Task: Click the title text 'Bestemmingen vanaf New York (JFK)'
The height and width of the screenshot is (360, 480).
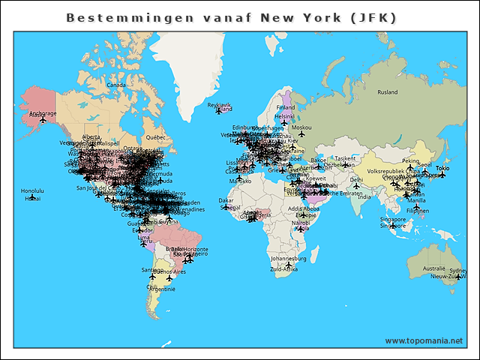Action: pyautogui.click(x=231, y=16)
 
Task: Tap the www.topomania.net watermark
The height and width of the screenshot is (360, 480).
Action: pyautogui.click(x=423, y=340)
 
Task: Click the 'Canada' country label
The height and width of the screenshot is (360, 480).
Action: pyautogui.click(x=116, y=85)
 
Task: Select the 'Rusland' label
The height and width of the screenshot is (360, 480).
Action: pyautogui.click(x=388, y=92)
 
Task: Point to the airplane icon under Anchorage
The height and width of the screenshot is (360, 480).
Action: pyautogui.click(x=43, y=119)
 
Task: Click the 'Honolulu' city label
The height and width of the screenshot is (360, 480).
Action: pyautogui.click(x=32, y=190)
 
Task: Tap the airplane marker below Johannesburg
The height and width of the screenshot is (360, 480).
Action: pyautogui.click(x=288, y=265)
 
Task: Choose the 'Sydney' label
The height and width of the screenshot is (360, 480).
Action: pyautogui.click(x=457, y=270)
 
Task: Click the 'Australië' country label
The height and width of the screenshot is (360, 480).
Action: pyautogui.click(x=433, y=268)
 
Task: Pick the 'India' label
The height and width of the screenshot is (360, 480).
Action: pyautogui.click(x=364, y=197)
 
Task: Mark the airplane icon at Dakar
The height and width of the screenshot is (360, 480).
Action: pyautogui.click(x=226, y=206)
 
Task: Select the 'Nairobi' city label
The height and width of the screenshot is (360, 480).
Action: pyautogui.click(x=301, y=223)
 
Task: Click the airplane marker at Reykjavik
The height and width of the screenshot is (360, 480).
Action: pyautogui.click(x=218, y=111)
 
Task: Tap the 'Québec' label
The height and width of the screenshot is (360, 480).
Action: pyautogui.click(x=154, y=138)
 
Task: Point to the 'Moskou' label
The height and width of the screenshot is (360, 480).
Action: pyautogui.click(x=301, y=127)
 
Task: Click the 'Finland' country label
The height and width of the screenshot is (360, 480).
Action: pyautogui.click(x=286, y=107)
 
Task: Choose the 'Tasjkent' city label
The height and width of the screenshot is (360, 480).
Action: pyautogui.click(x=345, y=159)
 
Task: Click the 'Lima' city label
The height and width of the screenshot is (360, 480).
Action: pyautogui.click(x=143, y=237)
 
